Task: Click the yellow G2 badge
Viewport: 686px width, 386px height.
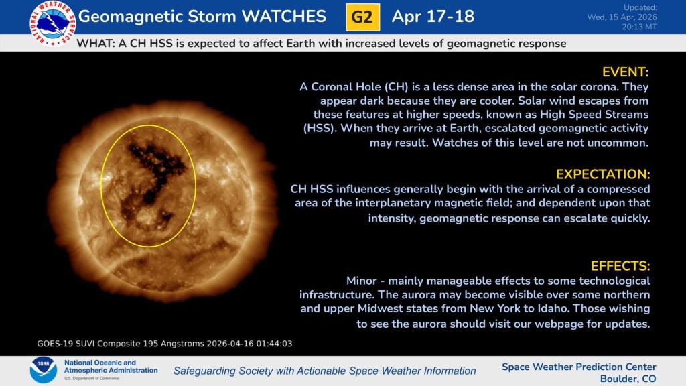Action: click(362, 17)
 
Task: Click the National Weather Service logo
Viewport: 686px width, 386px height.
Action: click(52, 23)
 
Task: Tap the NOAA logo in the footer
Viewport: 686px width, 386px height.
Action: click(43, 370)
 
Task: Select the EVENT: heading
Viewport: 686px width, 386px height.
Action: click(625, 72)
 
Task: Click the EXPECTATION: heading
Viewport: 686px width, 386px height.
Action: click(603, 174)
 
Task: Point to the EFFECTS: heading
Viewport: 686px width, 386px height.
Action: click(620, 266)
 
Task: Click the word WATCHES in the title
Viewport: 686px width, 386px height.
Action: click(284, 17)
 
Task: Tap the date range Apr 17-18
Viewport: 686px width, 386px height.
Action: click(433, 17)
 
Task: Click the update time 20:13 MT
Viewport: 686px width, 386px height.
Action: click(639, 27)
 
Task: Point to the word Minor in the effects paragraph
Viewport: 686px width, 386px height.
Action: click(361, 281)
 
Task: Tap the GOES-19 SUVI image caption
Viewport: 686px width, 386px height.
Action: click(165, 344)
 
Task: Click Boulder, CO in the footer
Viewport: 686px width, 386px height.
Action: click(628, 379)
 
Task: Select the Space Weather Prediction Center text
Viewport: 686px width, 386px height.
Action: click(579, 367)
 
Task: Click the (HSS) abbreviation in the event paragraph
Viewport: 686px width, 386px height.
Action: click(320, 129)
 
